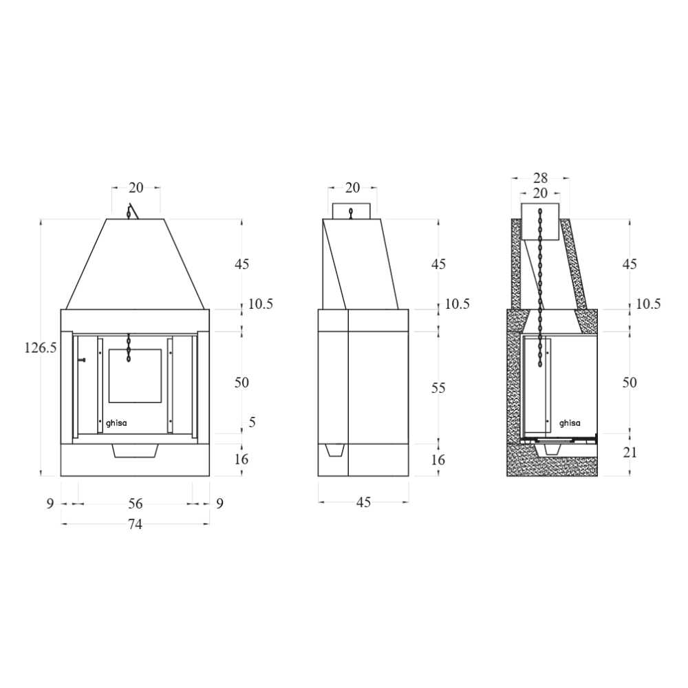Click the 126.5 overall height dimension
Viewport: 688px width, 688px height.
(x=41, y=348)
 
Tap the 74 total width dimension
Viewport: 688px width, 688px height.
(x=135, y=524)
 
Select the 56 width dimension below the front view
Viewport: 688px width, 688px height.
(x=135, y=503)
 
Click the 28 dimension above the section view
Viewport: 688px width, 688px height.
(x=540, y=178)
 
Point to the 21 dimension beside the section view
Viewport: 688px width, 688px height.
(x=630, y=453)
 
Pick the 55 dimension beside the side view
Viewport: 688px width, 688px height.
(x=438, y=388)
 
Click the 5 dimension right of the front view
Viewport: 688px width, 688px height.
(x=252, y=422)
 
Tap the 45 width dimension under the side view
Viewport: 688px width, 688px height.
(x=364, y=502)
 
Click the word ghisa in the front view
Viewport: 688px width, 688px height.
(x=117, y=424)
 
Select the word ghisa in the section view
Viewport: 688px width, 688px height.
(x=570, y=423)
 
